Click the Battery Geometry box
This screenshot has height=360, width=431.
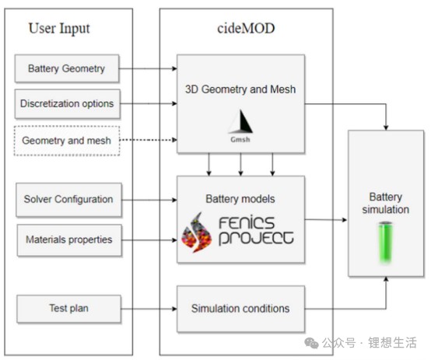click(67, 68)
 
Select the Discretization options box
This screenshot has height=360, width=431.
click(68, 104)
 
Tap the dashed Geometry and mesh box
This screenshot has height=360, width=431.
click(67, 141)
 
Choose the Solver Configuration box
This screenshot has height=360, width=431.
click(68, 200)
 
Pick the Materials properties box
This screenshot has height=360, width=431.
click(69, 240)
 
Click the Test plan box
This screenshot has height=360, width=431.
click(68, 309)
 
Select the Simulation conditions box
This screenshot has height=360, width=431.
click(241, 309)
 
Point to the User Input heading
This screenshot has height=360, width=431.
click(59, 29)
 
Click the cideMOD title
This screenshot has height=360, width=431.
click(246, 28)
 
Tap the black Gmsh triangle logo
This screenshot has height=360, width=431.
click(241, 121)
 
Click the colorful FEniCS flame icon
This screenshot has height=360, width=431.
click(196, 232)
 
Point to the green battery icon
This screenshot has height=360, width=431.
click(385, 242)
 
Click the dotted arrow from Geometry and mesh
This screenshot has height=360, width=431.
click(149, 140)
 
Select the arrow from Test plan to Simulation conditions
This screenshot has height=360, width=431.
click(149, 309)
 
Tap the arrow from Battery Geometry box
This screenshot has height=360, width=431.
click(148, 68)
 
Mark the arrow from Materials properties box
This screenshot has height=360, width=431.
click(149, 240)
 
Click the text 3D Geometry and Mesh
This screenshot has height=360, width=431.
click(240, 89)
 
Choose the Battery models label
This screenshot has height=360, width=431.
click(240, 199)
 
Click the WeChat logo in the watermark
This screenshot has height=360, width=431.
click(311, 343)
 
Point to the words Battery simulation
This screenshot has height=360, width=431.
click(386, 204)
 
